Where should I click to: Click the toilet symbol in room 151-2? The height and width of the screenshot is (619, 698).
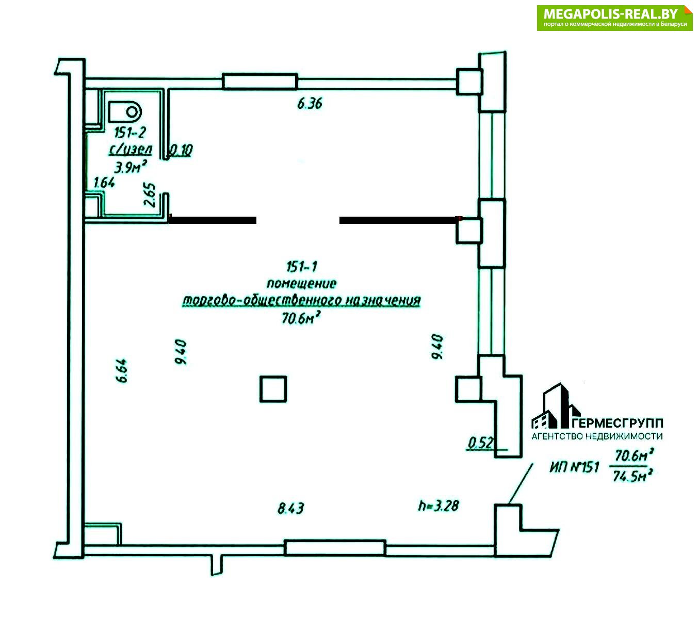tap(125, 112)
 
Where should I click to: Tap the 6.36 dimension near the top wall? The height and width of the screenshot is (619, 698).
tap(310, 103)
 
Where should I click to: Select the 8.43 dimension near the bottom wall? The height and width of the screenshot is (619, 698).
tap(290, 509)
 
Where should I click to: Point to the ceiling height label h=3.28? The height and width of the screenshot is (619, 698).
tap(438, 506)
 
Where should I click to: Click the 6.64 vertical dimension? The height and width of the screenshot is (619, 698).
tap(122, 371)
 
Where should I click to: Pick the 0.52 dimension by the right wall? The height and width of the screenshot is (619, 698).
tap(480, 443)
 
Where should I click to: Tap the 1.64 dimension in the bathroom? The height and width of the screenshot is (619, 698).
tap(104, 182)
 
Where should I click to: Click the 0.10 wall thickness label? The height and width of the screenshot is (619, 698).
tap(181, 150)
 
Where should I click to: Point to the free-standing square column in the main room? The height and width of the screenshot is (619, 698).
tap(273, 389)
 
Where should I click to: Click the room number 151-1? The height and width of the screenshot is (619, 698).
tap(302, 266)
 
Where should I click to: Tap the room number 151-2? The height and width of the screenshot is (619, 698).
tap(130, 132)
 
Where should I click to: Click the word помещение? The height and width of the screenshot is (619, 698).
tap(301, 283)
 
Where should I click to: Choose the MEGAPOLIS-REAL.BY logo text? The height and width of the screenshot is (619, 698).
tap(610, 14)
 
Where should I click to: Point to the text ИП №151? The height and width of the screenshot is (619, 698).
tap(574, 467)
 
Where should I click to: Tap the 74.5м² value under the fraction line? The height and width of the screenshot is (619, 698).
tap(632, 476)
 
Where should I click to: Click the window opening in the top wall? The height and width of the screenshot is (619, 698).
tap(260, 82)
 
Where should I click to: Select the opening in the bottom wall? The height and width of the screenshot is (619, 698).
tap(334, 548)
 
